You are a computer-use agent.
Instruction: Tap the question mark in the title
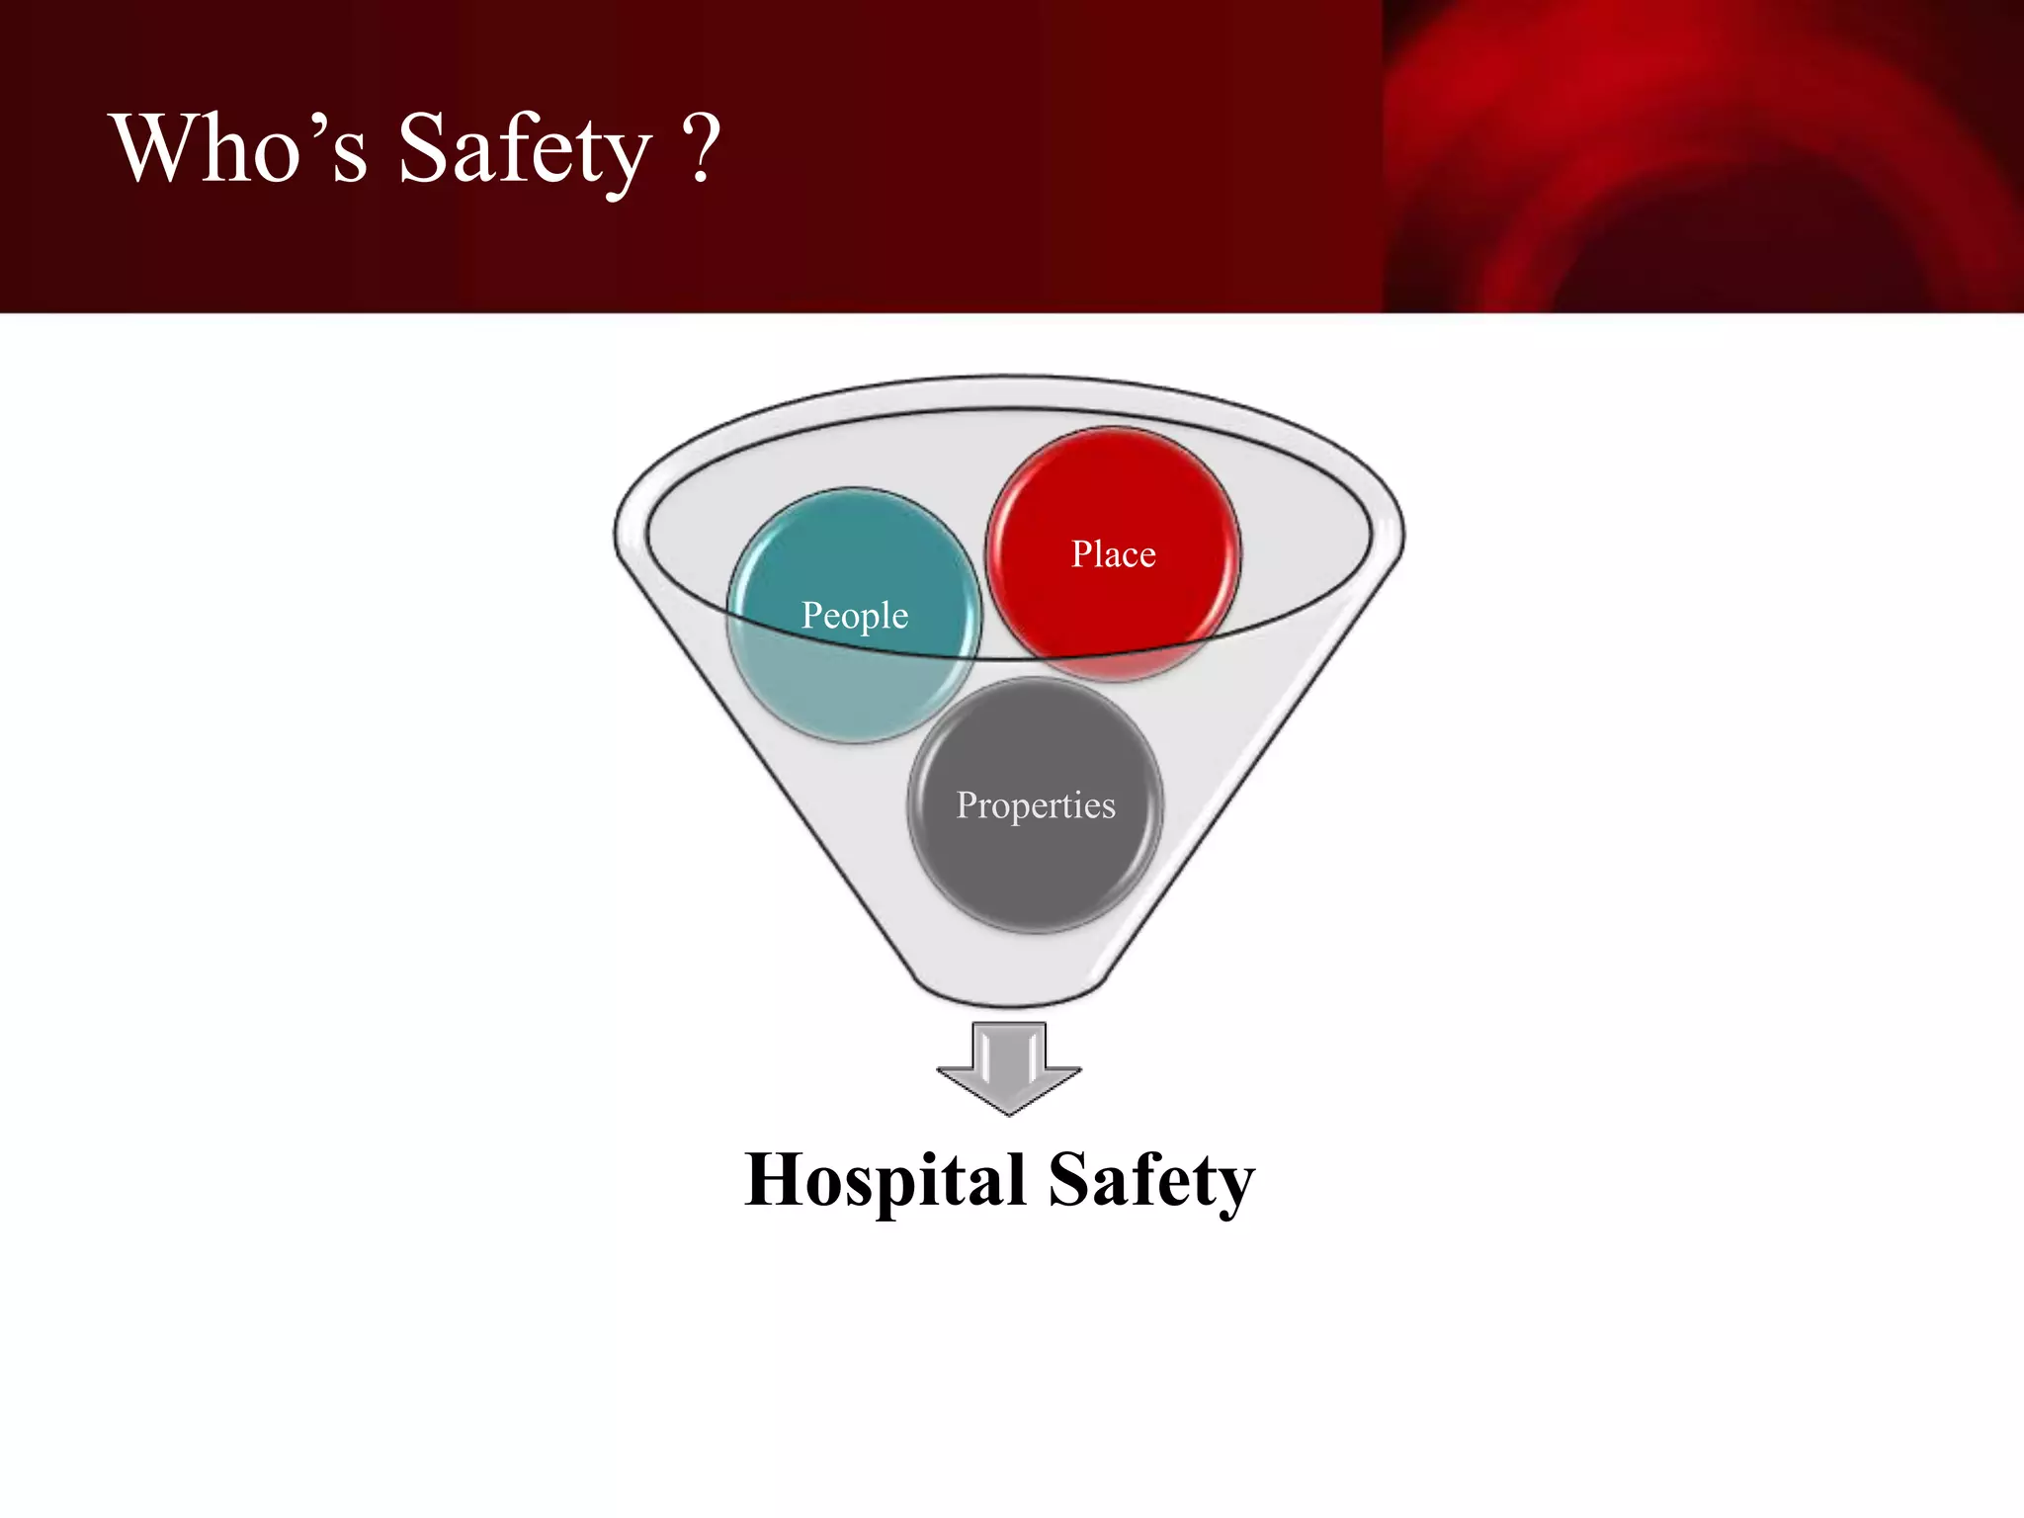(x=702, y=148)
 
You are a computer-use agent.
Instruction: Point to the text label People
(x=854, y=615)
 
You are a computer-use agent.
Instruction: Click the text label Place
(x=1113, y=554)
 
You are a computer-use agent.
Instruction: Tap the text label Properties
(x=1035, y=805)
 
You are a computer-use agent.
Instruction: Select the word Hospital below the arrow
(x=885, y=1180)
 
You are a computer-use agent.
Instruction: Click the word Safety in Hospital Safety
(x=1150, y=1180)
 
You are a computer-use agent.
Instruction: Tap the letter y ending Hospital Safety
(x=1235, y=1186)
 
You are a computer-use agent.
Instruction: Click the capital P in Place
(x=1081, y=553)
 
